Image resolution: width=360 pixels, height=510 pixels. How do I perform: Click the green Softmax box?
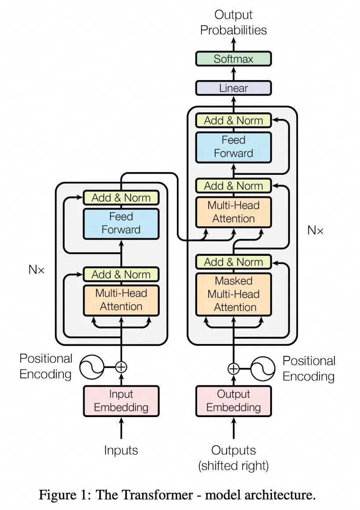coord(233,59)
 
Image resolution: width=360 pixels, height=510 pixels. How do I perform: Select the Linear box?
coord(233,88)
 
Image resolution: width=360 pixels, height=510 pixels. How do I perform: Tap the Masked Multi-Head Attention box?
coord(233,294)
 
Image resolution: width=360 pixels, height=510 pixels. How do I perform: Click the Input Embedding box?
coord(121,401)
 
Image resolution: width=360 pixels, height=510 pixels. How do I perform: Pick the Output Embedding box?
coord(233,401)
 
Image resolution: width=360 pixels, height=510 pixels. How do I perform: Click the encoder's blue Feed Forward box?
coord(121,223)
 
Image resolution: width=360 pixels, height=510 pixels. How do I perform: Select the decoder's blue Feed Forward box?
coord(233,147)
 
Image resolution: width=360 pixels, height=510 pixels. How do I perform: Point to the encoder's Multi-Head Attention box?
coord(121,300)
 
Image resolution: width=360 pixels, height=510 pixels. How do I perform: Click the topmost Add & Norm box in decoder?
coord(233,121)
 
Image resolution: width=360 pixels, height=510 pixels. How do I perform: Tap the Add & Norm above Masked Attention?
coord(233,262)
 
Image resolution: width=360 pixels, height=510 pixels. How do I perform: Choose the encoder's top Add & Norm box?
coord(121,198)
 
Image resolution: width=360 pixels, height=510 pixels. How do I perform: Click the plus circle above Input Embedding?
coord(121,366)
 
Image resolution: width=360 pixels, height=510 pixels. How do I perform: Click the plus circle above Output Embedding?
coord(233,369)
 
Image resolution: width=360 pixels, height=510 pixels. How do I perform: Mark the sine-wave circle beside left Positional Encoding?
coord(92,367)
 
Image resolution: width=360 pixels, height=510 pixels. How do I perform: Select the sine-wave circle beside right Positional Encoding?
coord(262,369)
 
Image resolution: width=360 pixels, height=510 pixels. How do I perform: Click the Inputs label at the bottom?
coord(121,451)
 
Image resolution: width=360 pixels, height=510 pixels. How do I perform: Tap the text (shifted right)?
coord(233,466)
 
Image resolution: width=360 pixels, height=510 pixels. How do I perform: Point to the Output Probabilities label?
coord(233,22)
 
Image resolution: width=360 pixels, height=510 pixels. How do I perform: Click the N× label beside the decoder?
coord(315,230)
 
